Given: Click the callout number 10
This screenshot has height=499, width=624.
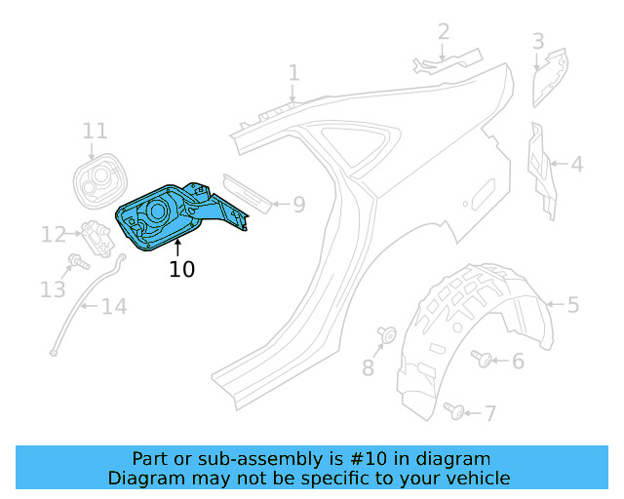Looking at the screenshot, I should (182, 268).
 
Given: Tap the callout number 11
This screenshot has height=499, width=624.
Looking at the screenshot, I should (95, 131).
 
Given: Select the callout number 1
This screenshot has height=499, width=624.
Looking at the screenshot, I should (293, 72).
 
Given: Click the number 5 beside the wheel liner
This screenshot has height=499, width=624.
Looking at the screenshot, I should (573, 305).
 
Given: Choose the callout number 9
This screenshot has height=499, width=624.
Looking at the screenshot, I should (299, 205).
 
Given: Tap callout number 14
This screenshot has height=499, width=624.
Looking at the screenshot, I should (114, 308).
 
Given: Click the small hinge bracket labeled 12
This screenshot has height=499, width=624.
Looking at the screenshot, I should (96, 234).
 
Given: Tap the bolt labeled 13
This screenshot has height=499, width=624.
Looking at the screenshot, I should (77, 262).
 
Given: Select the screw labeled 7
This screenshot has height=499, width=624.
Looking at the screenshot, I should (454, 411).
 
